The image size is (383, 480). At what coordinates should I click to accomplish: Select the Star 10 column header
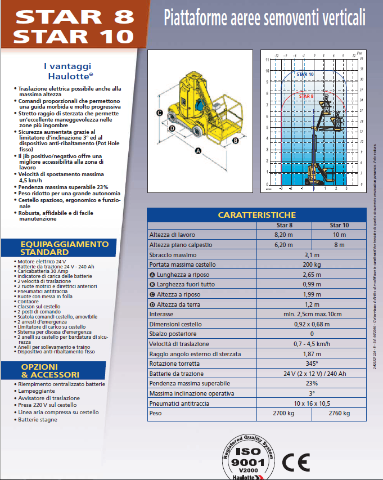(x=339, y=225)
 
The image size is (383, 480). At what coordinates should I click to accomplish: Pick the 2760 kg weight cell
(x=339, y=413)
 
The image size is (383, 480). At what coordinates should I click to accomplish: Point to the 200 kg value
(x=312, y=264)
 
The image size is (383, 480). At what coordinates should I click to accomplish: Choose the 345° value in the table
(x=312, y=364)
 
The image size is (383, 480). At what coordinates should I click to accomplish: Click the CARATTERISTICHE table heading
(x=256, y=215)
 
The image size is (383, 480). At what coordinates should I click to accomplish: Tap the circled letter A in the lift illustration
(x=198, y=150)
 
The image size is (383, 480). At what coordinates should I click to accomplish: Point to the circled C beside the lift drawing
(x=160, y=113)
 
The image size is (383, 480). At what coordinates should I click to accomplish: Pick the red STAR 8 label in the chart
(x=306, y=96)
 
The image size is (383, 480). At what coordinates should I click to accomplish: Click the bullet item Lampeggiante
(x=37, y=391)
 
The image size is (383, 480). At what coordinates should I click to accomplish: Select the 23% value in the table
(x=312, y=383)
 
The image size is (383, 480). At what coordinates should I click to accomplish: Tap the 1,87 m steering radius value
(x=312, y=353)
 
